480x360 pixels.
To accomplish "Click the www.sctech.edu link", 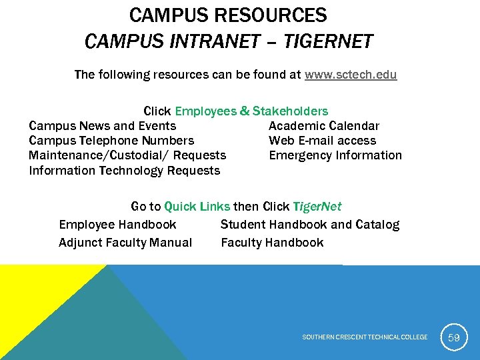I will (x=351, y=75).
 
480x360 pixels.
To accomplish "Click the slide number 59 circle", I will (x=454, y=337).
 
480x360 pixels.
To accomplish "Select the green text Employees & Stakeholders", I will (x=251, y=111).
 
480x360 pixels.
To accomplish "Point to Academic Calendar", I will (x=324, y=126).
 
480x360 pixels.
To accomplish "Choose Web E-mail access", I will (x=322, y=141).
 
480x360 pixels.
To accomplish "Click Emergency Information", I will (x=335, y=155).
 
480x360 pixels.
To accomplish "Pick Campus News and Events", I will (x=103, y=126).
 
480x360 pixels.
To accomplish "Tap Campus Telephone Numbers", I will (x=111, y=141).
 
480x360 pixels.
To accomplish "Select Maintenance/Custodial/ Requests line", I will (x=127, y=155).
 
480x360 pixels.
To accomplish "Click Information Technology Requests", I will (x=124, y=171).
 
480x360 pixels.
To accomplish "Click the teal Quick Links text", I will (x=197, y=207).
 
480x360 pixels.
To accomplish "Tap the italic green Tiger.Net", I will (x=317, y=207).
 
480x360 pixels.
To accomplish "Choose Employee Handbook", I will (x=117, y=225).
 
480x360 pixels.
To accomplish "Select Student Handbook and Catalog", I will (x=310, y=225).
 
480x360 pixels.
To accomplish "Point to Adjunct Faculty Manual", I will (x=125, y=243).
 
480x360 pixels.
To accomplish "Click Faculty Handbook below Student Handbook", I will (x=272, y=243).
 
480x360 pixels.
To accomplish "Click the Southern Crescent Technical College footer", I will (x=365, y=337).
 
